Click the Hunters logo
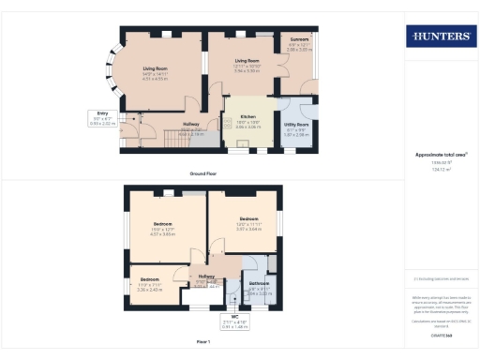coord(440,37)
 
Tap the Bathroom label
coord(259,283)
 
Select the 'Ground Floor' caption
coord(203,172)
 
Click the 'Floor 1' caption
coord(203,343)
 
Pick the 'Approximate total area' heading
coord(440,155)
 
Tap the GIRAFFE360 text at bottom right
coord(440,334)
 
